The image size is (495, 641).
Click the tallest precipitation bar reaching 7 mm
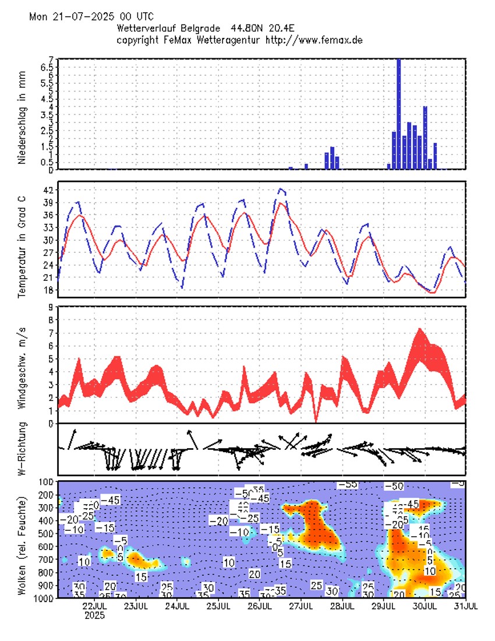398,114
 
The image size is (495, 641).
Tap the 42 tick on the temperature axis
48,190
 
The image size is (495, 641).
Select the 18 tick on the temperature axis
48,290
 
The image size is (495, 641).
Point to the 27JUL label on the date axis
300,605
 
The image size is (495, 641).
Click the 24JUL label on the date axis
177,605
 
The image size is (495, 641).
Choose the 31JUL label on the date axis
465,605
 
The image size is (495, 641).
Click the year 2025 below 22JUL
94,615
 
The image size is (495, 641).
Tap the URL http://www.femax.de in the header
314,40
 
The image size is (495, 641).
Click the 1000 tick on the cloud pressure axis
44,598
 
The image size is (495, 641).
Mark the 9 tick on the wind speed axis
51,307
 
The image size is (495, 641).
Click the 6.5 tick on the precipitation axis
47,67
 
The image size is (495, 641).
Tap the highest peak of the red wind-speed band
420,330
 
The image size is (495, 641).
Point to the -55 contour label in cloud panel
348,484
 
